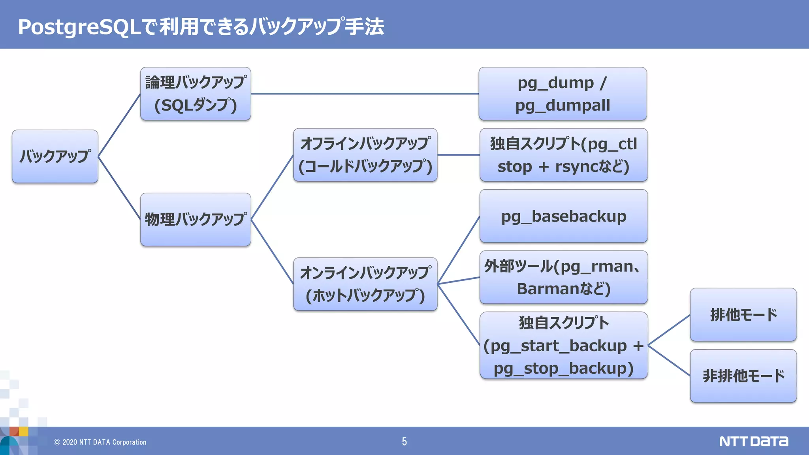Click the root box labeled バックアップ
point(55,156)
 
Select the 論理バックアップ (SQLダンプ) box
point(196,94)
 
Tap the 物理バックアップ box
point(196,220)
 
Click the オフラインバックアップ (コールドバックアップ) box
point(365,155)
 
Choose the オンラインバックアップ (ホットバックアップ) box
point(365,284)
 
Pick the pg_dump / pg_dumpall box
point(563,94)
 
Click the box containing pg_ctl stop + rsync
point(563,155)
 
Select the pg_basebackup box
point(563,216)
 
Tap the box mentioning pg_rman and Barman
point(563,277)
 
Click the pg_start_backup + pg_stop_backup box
point(563,346)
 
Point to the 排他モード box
point(743,315)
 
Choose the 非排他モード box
point(743,376)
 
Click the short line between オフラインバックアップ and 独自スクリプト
point(458,155)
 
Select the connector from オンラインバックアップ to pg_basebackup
point(459,250)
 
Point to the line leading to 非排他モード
point(669,360)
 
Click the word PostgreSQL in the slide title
point(79,27)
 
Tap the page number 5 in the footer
point(404,442)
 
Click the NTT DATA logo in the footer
point(753,442)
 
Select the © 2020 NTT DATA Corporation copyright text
point(100,442)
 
